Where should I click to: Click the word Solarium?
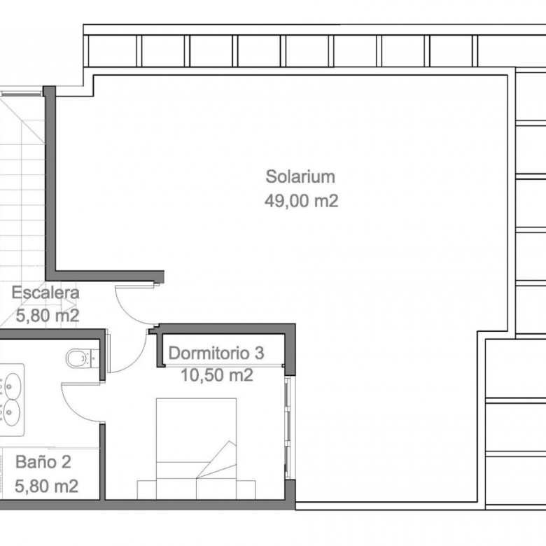coord(300,176)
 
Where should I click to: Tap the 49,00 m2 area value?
coord(301,201)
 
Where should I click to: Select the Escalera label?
coord(45,293)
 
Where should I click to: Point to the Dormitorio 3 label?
coord(216,353)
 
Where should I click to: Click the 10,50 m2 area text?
coord(216,375)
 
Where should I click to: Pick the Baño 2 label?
coord(43,462)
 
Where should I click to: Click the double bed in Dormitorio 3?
coord(197,449)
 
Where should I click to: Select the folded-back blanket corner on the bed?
coord(216,460)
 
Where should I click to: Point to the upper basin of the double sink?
coord(12,386)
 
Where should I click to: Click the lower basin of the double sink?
coord(11,412)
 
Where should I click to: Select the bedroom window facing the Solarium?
coord(288,428)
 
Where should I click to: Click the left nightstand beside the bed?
coord(146,489)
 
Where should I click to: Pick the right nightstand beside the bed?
coord(246,489)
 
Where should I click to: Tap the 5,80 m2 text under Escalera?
coord(48,316)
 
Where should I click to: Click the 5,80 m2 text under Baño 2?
coord(47,486)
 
